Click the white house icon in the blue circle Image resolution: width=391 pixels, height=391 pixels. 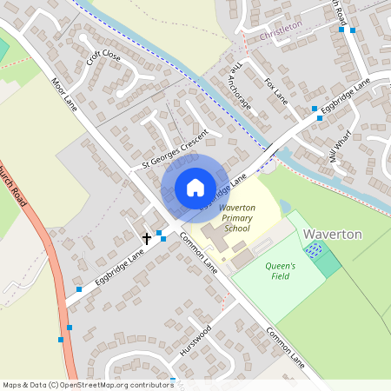click(195, 188)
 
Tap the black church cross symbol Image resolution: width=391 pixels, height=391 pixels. click(147, 236)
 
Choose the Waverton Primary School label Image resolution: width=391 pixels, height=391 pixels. click(235, 218)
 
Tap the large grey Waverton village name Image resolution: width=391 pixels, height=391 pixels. click(332, 235)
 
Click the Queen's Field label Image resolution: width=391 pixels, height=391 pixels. click(280, 272)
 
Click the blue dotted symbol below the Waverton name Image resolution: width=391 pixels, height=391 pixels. click(314, 250)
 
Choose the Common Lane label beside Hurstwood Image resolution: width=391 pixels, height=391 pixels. click(286, 345)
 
